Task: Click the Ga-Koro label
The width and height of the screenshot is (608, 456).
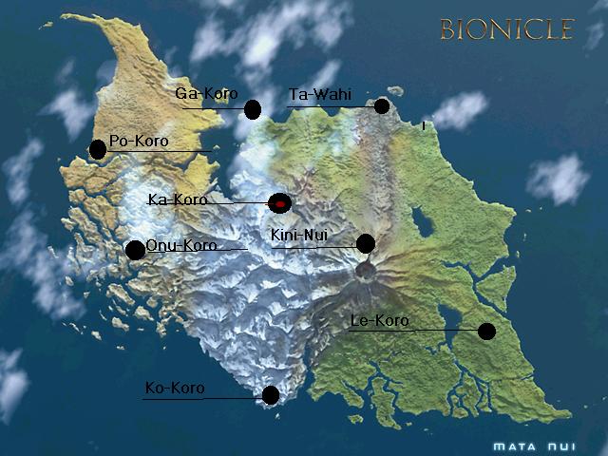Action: pyautogui.click(x=206, y=94)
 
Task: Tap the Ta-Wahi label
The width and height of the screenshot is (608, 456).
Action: pyautogui.click(x=319, y=94)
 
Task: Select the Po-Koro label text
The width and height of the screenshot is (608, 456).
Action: pyautogui.click(x=139, y=142)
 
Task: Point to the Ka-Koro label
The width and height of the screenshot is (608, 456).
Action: pyautogui.click(x=178, y=199)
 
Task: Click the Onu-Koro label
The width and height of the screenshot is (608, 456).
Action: pyautogui.click(x=180, y=245)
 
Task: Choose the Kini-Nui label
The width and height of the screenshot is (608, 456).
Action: pyautogui.click(x=299, y=235)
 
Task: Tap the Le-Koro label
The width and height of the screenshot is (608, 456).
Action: pyautogui.click(x=379, y=321)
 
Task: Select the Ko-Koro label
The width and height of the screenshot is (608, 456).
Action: pyautogui.click(x=175, y=388)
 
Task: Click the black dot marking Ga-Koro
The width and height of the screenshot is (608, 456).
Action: pyautogui.click(x=252, y=110)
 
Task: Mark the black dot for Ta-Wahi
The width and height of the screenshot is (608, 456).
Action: pyautogui.click(x=382, y=105)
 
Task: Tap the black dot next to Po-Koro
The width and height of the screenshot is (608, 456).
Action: pyautogui.click(x=98, y=149)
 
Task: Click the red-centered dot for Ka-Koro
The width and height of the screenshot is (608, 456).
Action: pyautogui.click(x=279, y=202)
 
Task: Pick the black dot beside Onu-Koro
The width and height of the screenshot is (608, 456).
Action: pyautogui.click(x=135, y=250)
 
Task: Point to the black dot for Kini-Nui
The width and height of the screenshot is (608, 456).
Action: pyautogui.click(x=365, y=244)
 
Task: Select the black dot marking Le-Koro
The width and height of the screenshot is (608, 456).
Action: pyautogui.click(x=486, y=331)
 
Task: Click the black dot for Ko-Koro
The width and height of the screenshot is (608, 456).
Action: pyautogui.click(x=270, y=395)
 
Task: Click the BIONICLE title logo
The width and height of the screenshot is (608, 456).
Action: pyautogui.click(x=506, y=29)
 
